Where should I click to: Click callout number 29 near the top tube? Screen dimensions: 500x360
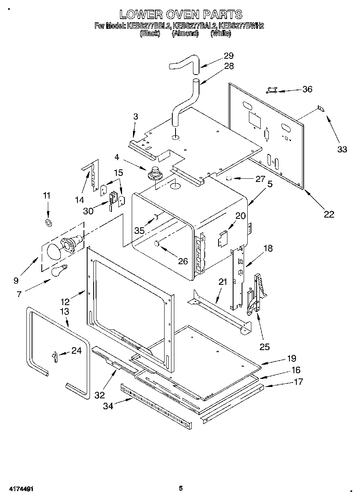click(x=229, y=56)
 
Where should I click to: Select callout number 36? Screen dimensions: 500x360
click(x=307, y=89)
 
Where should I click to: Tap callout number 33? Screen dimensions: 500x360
click(x=342, y=149)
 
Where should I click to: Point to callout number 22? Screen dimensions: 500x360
click(x=329, y=214)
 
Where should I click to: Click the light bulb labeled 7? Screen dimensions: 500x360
click(x=58, y=270)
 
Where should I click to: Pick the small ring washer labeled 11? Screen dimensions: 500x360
click(x=48, y=222)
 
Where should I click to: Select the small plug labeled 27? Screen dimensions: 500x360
click(x=229, y=178)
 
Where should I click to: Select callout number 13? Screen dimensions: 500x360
click(x=64, y=311)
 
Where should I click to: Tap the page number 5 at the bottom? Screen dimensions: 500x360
click(x=181, y=488)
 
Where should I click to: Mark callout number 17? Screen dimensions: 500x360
click(x=298, y=381)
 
